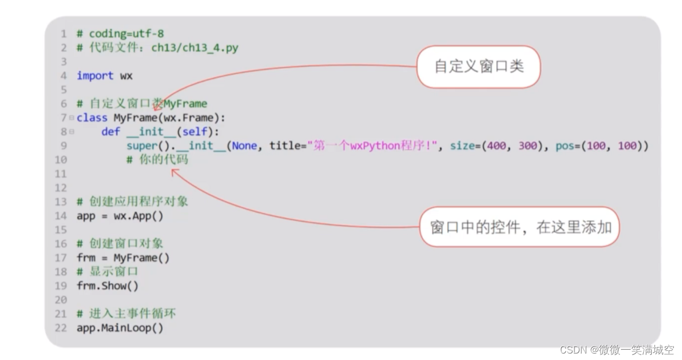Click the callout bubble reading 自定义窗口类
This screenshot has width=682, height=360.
point(479,67)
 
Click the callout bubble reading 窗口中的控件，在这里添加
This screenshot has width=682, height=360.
point(521,227)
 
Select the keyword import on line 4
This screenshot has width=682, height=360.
point(95,76)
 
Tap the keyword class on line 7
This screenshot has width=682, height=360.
point(92,118)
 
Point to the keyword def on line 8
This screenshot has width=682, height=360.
point(110,132)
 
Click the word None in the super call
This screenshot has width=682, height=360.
point(245,146)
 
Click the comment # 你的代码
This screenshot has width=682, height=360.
point(158,160)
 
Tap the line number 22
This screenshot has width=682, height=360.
point(60,328)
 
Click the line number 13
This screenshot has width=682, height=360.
point(60,202)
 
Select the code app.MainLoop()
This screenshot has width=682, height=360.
point(120,328)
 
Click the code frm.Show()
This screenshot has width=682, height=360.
point(107,286)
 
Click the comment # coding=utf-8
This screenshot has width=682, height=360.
point(120,33)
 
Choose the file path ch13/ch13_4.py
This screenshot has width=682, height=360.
point(194,47)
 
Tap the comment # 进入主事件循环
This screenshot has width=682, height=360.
point(126,314)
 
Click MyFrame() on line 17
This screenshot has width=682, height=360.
point(141,257)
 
